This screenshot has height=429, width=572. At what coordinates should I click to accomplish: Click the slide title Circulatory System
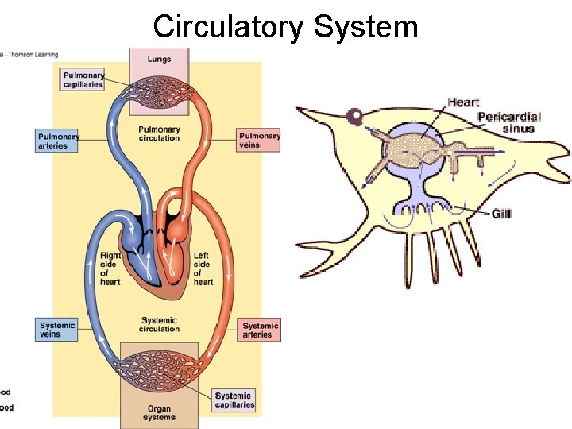pos(285,26)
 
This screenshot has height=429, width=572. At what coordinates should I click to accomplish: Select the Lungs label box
pos(158,59)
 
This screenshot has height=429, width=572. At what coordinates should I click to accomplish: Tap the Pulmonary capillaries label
pos(83,79)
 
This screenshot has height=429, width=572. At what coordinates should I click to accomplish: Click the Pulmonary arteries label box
pos(58,141)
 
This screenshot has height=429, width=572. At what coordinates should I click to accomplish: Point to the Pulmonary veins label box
pos(259,141)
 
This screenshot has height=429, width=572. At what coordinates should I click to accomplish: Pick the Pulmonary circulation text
pos(159,133)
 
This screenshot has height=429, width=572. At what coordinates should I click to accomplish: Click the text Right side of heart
pos(110,269)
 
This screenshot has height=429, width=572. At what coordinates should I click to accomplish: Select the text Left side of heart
pos(203,269)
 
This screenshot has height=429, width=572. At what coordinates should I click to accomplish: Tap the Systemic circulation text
pos(159,325)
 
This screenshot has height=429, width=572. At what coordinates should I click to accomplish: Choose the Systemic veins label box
pos(58,330)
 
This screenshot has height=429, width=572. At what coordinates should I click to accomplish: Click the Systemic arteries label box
pos(260,330)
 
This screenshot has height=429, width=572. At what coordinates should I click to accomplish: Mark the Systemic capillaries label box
pos(234,400)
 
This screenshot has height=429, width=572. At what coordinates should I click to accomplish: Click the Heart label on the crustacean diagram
pos(463,102)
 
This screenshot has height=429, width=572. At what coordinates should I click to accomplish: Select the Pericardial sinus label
pos(506,123)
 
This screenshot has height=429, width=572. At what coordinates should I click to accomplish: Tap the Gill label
pos(501,214)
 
